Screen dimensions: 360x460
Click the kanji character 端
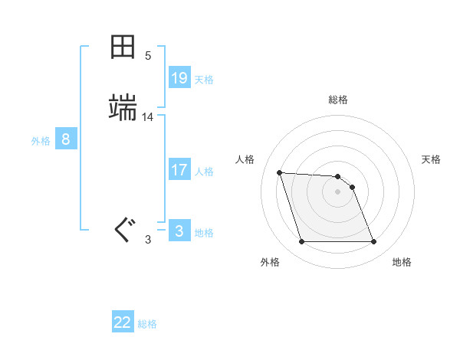tap(123, 108)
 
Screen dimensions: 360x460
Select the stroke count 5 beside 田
tap(148, 56)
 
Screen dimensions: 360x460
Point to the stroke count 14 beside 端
tap(148, 117)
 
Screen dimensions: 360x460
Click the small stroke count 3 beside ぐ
tap(148, 240)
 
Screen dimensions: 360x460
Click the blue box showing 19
tap(179, 77)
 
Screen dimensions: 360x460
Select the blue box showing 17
tap(179, 170)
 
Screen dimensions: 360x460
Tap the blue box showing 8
tap(66, 139)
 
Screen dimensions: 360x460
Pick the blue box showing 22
tap(123, 322)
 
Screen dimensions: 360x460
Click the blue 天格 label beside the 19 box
tap(204, 79)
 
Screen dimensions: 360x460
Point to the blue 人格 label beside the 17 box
tap(205, 172)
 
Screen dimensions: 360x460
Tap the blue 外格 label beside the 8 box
tap(41, 141)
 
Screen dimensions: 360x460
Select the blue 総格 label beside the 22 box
tap(147, 324)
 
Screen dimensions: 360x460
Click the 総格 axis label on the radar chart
tap(338, 100)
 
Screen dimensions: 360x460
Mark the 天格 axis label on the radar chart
tap(432, 159)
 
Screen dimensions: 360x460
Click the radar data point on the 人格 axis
tap(280, 173)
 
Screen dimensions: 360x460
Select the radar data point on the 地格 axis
tap(373, 242)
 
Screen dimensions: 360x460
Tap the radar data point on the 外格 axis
tap(301, 242)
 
